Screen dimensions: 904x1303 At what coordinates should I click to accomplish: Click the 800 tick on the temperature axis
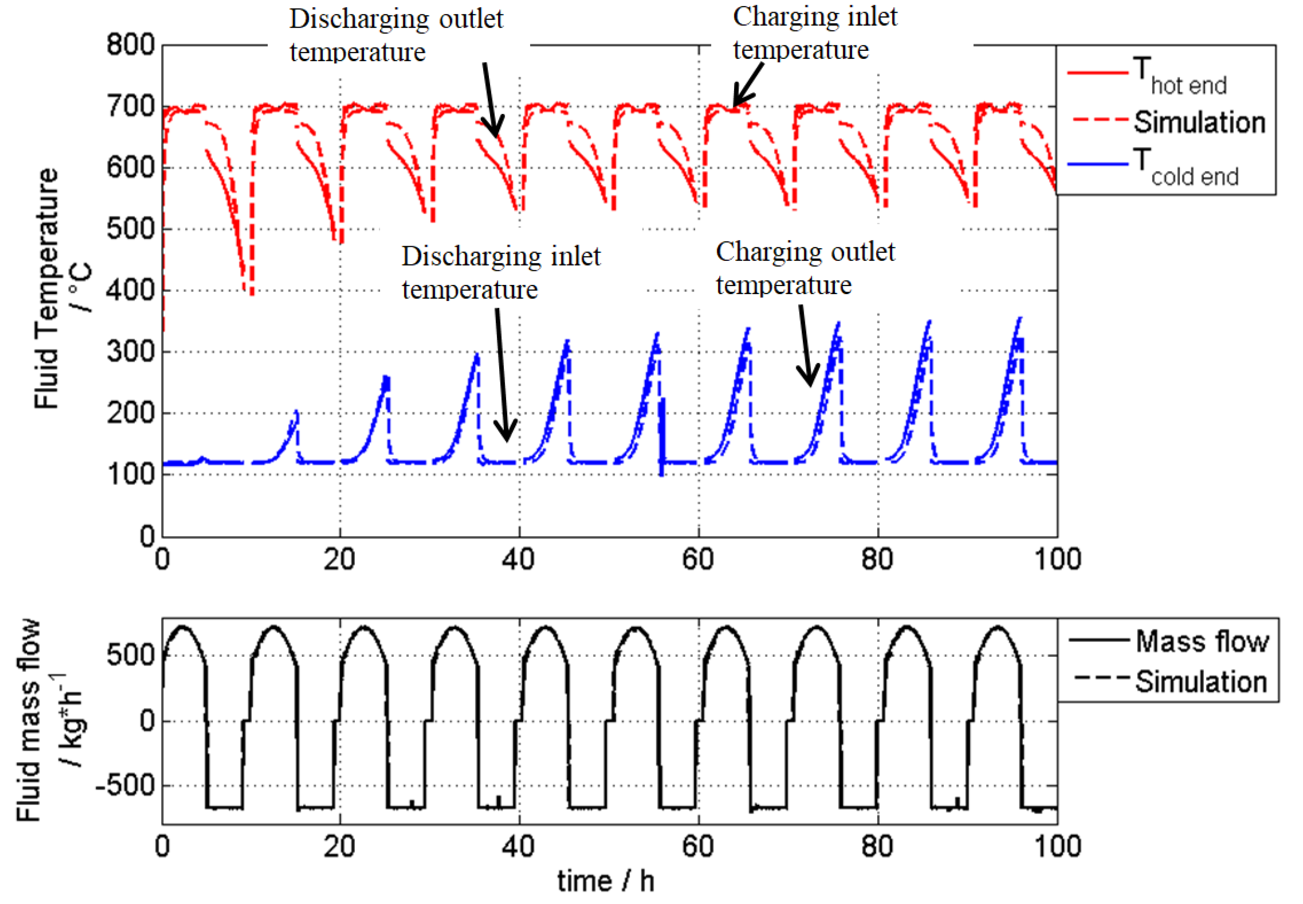130,45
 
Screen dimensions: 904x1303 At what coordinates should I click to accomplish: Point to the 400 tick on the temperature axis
130,290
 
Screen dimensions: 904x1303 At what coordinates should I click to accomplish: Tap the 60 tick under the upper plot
698,559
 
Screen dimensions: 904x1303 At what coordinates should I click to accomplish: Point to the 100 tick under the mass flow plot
1057,846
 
